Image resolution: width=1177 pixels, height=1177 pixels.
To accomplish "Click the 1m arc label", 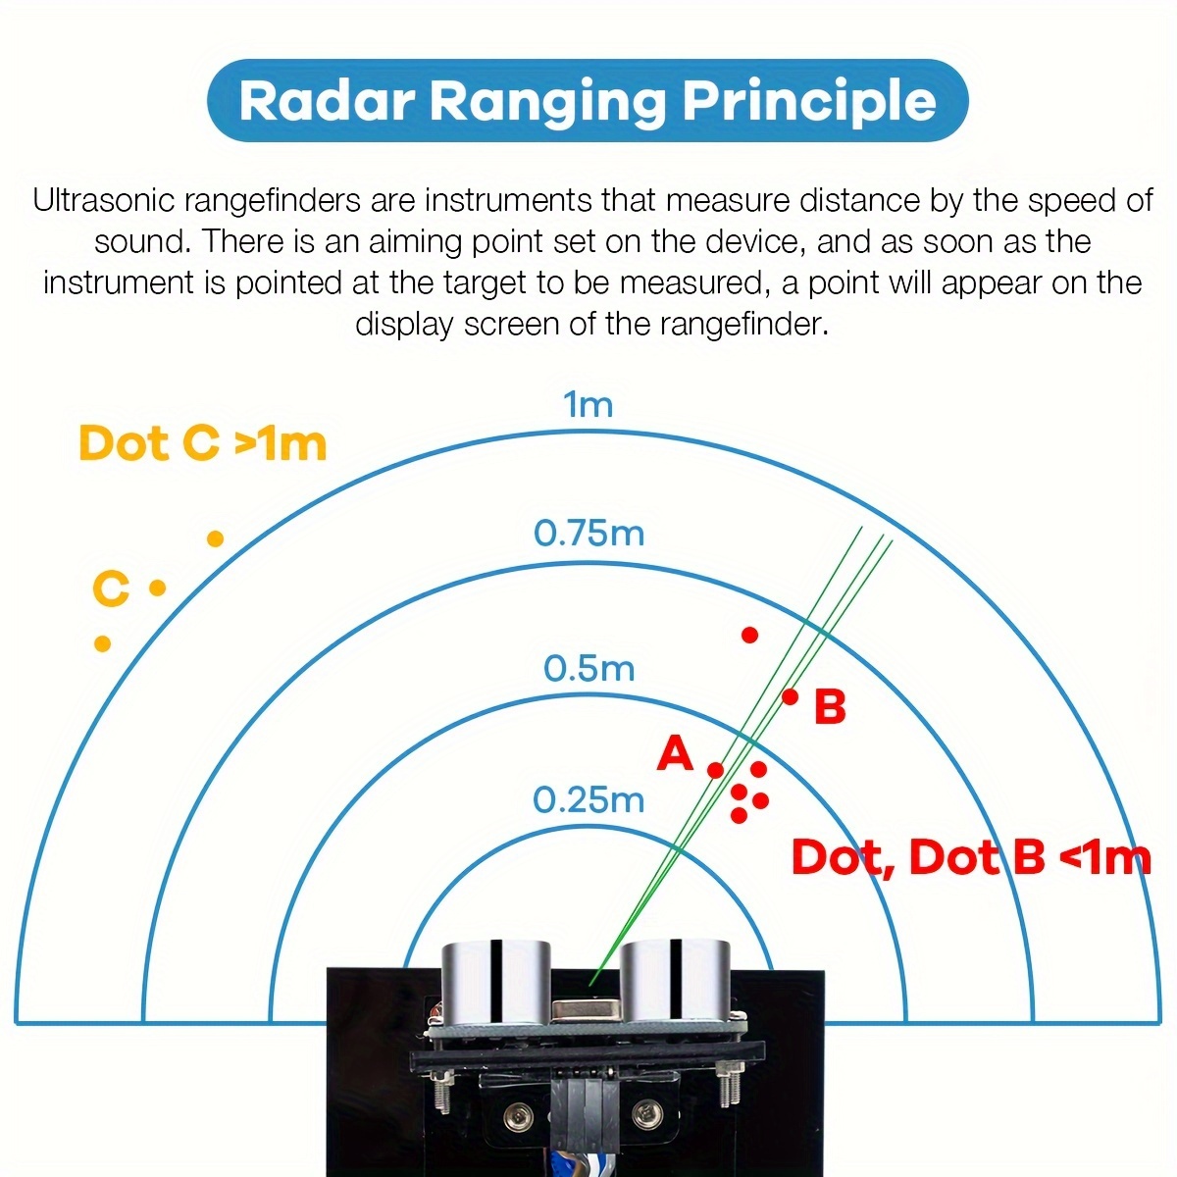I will point(588,404).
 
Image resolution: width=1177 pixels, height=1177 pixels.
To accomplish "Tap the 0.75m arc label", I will point(588,534).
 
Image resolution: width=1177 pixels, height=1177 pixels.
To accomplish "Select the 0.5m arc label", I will point(588,669).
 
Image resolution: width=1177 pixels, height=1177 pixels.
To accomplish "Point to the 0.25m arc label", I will point(588,800).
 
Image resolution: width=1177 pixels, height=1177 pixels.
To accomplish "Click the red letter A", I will point(675,754).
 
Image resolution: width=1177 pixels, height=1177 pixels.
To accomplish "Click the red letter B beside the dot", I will point(830,707).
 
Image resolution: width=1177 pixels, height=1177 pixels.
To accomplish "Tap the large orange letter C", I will point(111,589).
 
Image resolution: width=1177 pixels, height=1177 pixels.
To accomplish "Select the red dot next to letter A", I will point(715,770).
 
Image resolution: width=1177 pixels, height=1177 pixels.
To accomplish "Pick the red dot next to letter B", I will point(790,696).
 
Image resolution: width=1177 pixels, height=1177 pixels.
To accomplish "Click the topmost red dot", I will point(749,635).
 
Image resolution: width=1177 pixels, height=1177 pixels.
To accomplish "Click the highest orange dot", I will point(216,538).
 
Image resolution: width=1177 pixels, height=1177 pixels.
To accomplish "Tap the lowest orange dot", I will point(102,643).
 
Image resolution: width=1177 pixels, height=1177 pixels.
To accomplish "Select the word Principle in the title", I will point(809,101).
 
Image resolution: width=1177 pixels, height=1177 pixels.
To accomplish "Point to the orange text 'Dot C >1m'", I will point(202,443).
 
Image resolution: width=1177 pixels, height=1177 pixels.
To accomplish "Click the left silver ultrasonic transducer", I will point(498,981).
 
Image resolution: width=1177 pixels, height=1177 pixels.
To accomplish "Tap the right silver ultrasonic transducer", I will point(678,981).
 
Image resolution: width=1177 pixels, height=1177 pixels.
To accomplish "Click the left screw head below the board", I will point(517,1113).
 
